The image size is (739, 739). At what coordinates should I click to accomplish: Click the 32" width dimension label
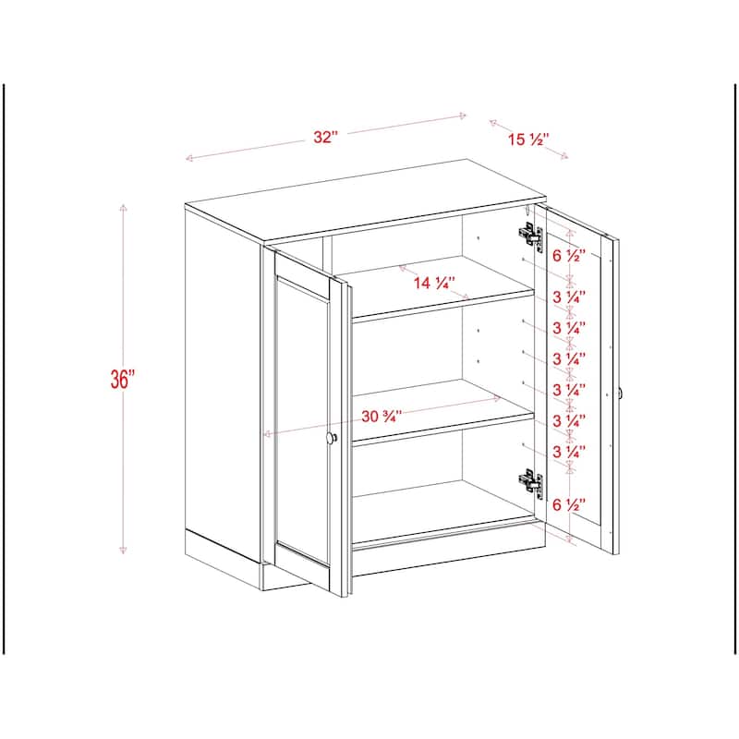pos(325,137)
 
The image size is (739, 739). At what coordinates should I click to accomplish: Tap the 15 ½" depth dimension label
pos(528,140)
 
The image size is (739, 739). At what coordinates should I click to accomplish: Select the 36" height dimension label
pos(122,380)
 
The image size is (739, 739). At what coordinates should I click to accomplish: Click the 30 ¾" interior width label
pos(382,416)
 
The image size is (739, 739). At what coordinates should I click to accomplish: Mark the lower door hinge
pos(529,481)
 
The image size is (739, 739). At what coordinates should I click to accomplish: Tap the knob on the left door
pos(333,439)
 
